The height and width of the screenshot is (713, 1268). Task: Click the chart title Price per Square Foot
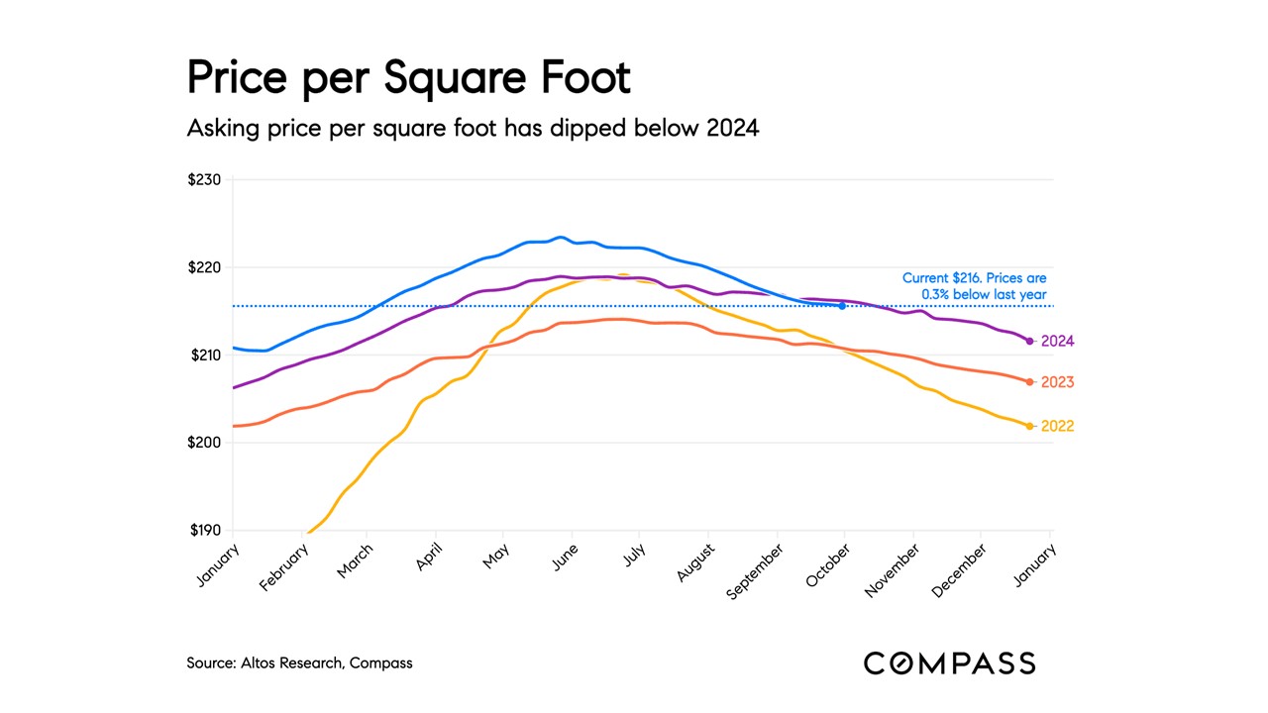[408, 77]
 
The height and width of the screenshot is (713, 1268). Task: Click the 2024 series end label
[1057, 341]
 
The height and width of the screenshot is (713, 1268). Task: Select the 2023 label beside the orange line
[1057, 382]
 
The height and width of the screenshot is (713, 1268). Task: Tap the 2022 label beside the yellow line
[1057, 427]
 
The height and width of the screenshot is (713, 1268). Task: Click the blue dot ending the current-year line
[842, 306]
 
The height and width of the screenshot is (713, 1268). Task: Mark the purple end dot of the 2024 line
[1030, 341]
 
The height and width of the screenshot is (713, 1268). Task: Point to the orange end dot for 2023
[1030, 382]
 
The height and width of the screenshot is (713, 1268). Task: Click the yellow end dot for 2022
[1030, 426]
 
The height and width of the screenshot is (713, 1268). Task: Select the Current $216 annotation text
[974, 286]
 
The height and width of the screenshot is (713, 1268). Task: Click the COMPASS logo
[949, 663]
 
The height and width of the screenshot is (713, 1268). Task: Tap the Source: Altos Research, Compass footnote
[299, 662]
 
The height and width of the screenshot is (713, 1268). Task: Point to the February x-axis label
[285, 566]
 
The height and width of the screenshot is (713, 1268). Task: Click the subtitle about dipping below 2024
[473, 128]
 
